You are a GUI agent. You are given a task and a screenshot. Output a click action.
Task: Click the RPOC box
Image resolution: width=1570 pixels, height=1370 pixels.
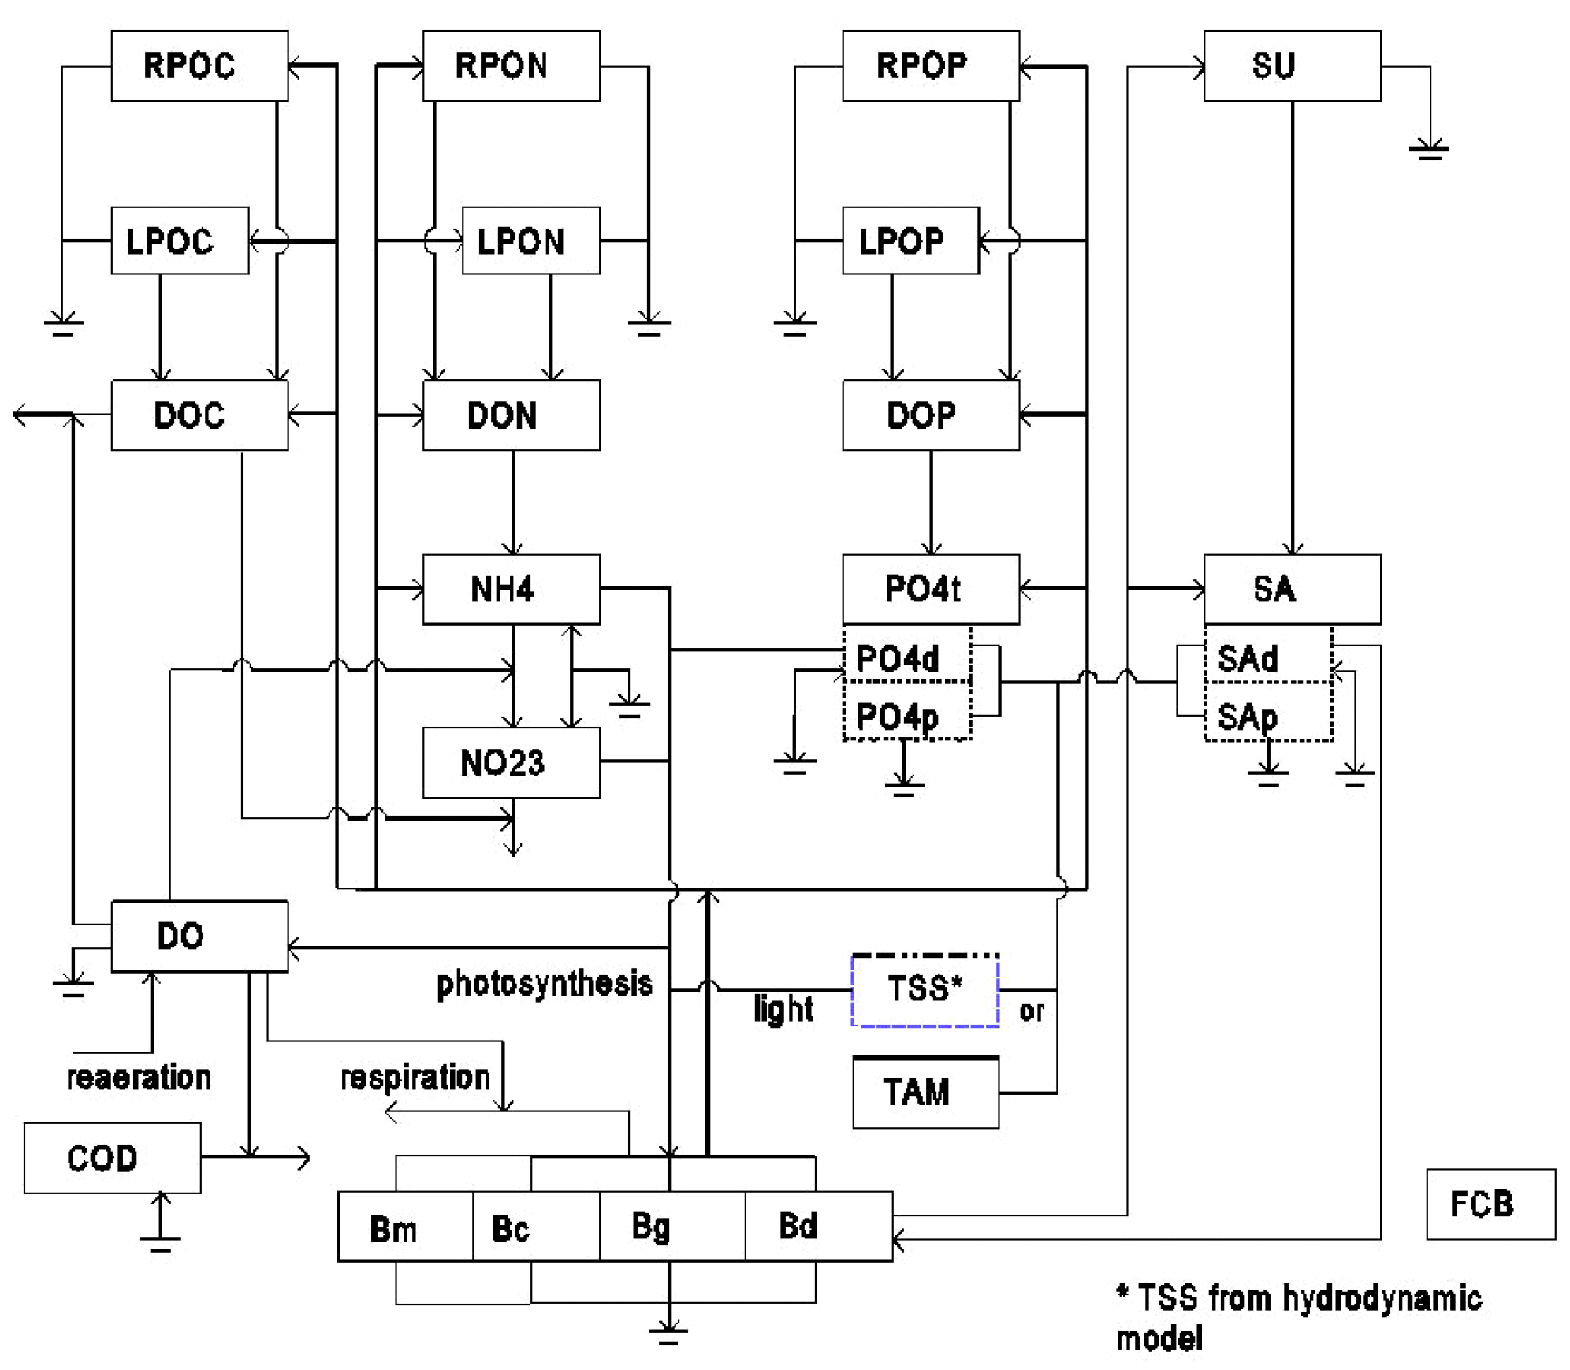[199, 65]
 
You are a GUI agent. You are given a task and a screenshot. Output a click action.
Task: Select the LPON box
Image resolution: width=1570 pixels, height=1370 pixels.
[530, 240]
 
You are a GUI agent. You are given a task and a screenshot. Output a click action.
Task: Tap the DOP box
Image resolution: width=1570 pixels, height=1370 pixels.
[930, 415]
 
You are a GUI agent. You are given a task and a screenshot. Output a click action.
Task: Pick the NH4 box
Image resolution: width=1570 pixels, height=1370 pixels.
[511, 589]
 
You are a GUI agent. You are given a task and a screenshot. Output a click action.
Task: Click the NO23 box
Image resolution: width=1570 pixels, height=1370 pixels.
[511, 762]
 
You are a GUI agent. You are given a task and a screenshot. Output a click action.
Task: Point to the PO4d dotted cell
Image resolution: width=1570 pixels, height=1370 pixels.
[906, 658]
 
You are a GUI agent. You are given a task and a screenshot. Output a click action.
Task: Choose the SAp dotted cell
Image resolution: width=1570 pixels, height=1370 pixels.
[1267, 717]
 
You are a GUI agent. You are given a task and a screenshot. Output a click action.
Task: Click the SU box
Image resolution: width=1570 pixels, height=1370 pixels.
[1291, 65]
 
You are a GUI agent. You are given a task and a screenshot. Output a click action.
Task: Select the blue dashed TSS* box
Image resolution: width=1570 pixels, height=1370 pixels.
[925, 990]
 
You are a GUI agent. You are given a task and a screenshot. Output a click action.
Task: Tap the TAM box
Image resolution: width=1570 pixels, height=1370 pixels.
[925, 1093]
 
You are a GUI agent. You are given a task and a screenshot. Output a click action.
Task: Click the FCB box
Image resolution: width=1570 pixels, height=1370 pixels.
[1490, 1204]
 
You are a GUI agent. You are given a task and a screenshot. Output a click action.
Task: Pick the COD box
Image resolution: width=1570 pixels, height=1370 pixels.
[112, 1157]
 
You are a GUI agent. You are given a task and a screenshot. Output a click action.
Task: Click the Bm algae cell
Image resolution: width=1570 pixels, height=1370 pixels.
[405, 1227]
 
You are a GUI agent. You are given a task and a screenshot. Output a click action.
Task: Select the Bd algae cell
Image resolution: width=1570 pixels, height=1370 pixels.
[817, 1226]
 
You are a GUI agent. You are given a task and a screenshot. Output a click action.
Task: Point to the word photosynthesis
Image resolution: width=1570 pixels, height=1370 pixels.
[544, 984]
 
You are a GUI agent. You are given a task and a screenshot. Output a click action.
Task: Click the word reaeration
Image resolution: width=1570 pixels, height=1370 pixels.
[139, 1078]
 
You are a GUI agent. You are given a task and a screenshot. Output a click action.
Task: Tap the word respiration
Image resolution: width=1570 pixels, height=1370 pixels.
[415, 1078]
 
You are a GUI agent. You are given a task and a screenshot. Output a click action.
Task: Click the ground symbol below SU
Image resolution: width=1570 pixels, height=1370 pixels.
[1428, 150]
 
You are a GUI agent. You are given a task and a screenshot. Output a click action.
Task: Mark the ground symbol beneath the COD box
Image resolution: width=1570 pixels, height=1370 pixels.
[160, 1242]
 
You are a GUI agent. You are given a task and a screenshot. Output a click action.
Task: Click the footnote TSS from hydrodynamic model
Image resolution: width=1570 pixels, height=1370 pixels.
[1298, 1317]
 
